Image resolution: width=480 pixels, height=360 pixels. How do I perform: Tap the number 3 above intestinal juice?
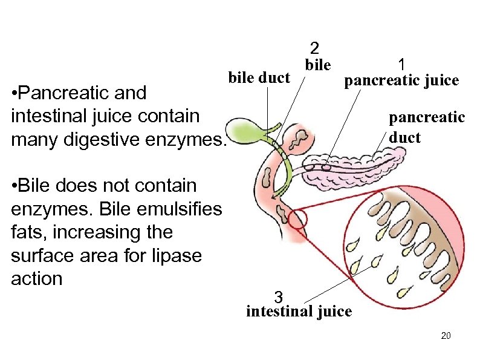tap(278, 297)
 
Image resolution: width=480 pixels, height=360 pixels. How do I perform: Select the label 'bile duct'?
tap(259, 77)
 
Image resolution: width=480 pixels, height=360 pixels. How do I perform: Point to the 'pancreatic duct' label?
tap(426, 127)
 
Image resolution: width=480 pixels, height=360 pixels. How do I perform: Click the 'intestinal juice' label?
tap(299, 312)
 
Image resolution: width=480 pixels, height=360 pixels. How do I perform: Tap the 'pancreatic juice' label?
tap(401, 80)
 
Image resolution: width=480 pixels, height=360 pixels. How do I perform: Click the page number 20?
tap(446, 336)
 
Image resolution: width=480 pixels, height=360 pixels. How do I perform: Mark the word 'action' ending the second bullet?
tap(37, 279)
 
